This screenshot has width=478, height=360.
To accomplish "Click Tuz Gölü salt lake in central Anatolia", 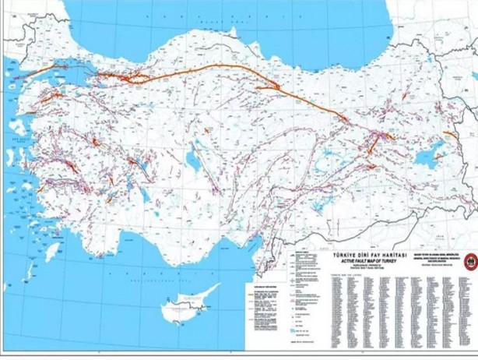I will click(x=190, y=161).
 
